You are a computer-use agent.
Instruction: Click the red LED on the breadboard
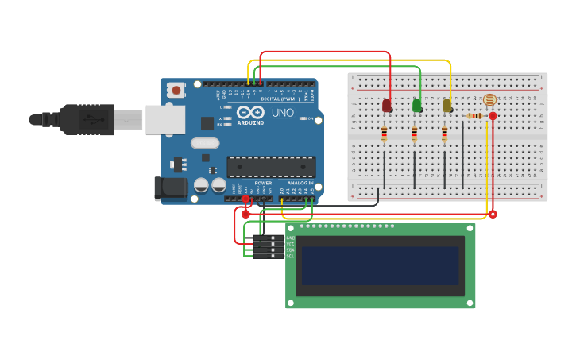point(386,105)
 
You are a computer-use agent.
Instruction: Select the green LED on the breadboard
point(416,105)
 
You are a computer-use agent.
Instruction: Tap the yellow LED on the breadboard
point(446,105)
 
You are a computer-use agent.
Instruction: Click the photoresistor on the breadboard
point(489,100)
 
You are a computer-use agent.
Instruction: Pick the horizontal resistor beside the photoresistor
point(474,116)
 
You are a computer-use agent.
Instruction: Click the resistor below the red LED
point(385,134)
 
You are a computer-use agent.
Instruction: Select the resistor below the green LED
point(415,134)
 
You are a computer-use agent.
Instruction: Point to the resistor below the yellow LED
point(444,134)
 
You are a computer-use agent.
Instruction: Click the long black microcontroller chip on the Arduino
point(271,167)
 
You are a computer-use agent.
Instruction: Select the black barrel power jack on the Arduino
point(171,188)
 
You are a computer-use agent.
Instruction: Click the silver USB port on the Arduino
point(164,119)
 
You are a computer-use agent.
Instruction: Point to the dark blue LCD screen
point(381,265)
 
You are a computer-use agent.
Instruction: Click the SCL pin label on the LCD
point(290,257)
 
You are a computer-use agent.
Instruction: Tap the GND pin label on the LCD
point(290,238)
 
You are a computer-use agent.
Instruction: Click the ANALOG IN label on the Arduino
point(300,183)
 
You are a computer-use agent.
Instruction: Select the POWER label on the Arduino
point(263,183)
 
